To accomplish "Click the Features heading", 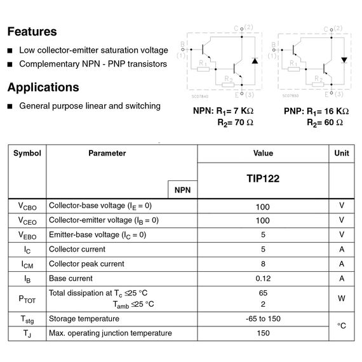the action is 32,31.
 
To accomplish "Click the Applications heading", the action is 43,87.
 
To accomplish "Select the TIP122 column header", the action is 263,179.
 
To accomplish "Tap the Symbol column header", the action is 27,153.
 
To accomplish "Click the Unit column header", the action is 342,153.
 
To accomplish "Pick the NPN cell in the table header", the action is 182,190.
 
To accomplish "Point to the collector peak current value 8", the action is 263,264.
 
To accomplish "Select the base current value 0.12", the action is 263,278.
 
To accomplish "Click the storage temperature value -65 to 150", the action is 263,319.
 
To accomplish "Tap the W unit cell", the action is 342,298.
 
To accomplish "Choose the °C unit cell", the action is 342,326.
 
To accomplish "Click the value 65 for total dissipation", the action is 263,293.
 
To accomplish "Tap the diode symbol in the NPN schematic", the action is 254,62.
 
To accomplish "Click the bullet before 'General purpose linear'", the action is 10,106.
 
